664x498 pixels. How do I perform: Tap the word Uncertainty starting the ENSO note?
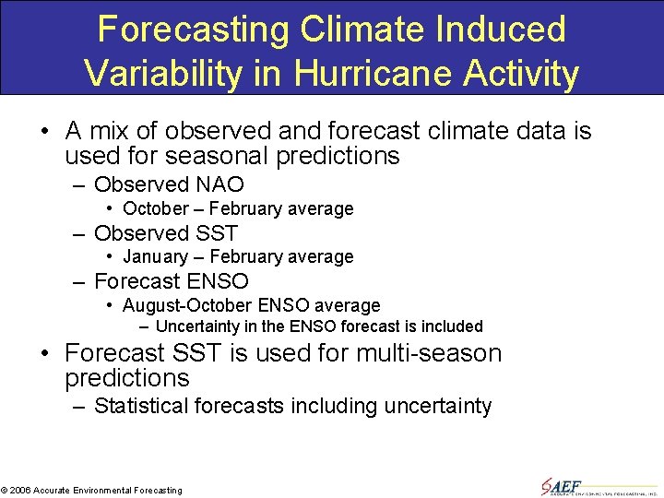(199, 326)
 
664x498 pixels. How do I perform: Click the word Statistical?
(146, 406)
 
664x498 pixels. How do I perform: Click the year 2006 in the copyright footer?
(20, 491)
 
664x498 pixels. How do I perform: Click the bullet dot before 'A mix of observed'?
(45, 132)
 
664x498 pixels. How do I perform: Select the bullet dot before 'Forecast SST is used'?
(45, 354)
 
